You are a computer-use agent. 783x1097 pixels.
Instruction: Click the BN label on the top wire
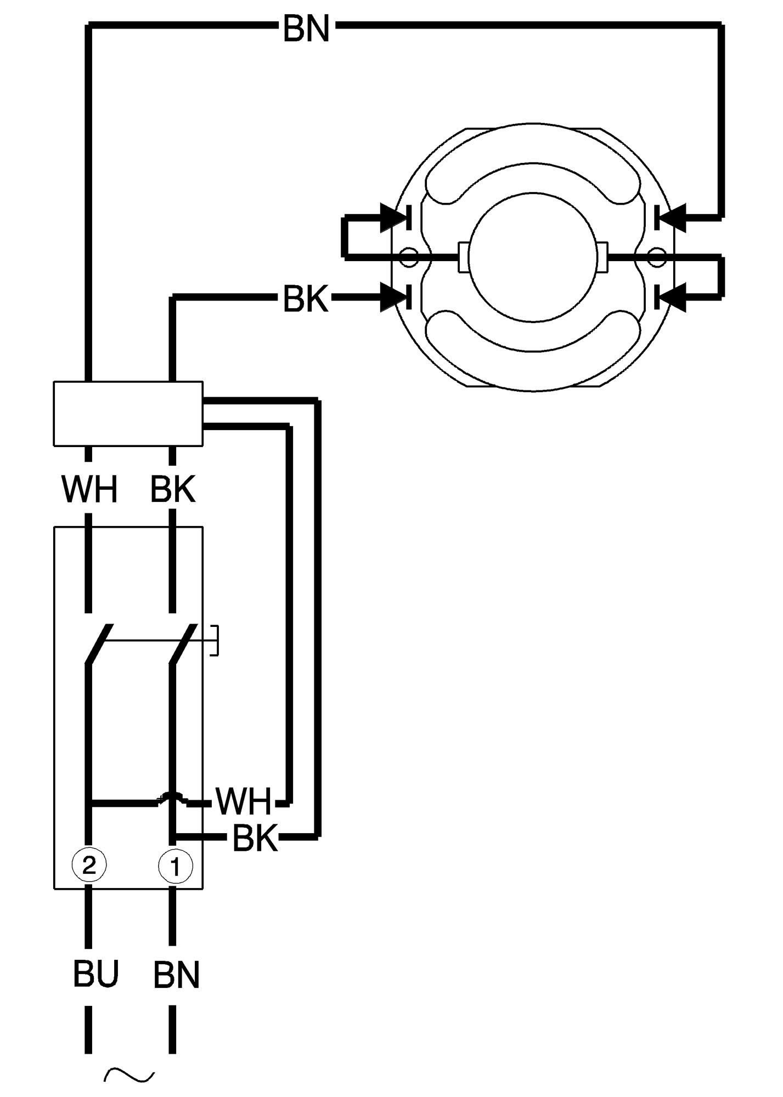306,29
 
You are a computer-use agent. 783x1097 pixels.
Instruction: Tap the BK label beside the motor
306,299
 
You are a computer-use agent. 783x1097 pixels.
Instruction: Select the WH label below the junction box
89,490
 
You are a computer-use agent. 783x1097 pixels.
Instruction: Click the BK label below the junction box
173,490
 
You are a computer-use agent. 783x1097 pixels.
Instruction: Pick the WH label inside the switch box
243,801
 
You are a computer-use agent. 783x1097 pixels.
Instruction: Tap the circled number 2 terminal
89,866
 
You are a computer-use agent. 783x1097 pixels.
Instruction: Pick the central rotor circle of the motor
533,257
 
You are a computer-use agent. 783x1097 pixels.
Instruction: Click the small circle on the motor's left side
409,257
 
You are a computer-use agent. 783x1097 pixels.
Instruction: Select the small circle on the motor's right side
656,257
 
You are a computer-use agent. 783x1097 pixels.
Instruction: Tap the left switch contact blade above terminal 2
99,644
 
